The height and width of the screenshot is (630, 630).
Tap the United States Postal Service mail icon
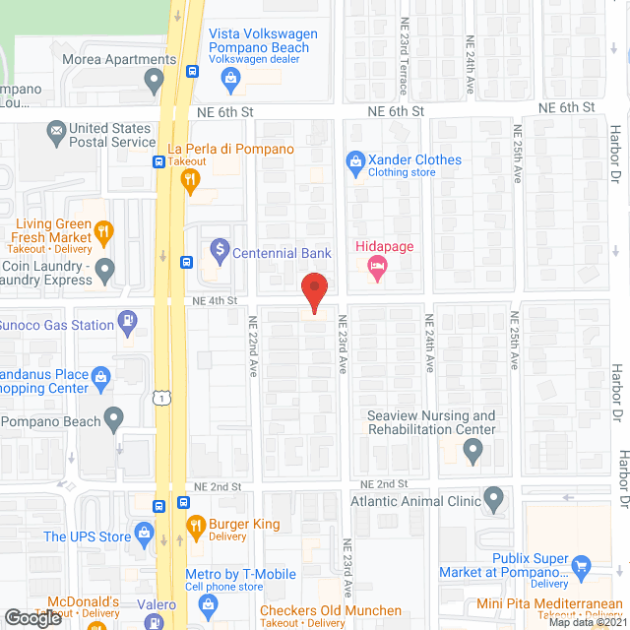pos(57,129)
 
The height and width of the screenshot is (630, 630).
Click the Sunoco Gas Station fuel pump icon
pos(127,319)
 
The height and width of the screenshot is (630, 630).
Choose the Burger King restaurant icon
pos(194,525)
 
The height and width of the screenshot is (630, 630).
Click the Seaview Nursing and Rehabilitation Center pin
pos(473,452)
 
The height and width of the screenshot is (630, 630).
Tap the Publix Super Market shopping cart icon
pos(580,565)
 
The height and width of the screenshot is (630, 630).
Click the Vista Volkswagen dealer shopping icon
pos(231,77)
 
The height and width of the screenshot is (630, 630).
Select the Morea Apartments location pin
pos(154,78)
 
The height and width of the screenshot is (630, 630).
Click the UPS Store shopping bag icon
pos(146,536)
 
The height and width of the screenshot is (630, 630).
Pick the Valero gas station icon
pos(155,622)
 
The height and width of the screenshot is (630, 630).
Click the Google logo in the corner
pos(31,618)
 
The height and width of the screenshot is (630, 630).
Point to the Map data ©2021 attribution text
pos(587,622)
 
